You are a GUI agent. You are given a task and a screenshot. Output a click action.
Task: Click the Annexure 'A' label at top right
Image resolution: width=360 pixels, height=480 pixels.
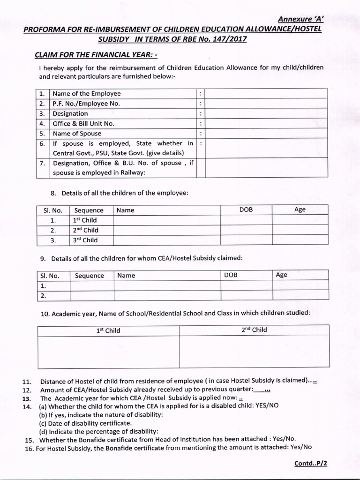(301, 19)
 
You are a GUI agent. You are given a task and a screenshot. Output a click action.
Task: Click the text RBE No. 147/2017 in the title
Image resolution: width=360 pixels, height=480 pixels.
(212, 39)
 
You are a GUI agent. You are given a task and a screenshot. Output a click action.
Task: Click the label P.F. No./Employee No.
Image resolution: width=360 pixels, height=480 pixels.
(83, 104)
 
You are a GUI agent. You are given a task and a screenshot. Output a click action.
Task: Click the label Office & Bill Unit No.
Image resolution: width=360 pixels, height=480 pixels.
(83, 124)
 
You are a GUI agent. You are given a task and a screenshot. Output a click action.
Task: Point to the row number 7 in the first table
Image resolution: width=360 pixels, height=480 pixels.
(42, 163)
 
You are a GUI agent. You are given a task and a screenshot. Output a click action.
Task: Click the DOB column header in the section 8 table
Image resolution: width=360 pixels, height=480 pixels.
(246, 210)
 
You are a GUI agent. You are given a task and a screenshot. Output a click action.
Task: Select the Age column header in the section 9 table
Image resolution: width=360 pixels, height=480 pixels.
(282, 275)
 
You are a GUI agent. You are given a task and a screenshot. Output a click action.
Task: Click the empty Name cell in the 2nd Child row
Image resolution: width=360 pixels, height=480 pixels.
(166, 230)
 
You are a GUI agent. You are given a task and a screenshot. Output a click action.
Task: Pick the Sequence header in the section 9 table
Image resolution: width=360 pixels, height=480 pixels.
(90, 276)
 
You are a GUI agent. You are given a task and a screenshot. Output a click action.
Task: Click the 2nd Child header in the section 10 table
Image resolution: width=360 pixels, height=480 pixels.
(254, 330)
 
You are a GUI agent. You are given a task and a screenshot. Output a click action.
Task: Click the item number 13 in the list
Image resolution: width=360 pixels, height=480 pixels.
(26, 398)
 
